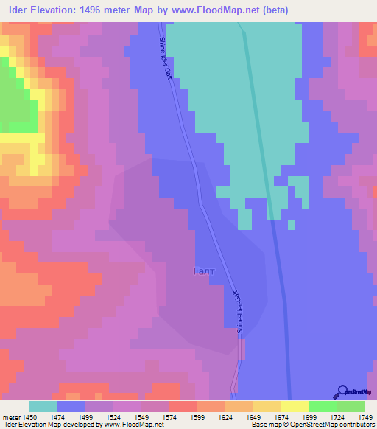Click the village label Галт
coord(204,271)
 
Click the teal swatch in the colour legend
coord(43,406)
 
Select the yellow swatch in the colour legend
coord(295,406)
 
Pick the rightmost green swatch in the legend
coord(351,406)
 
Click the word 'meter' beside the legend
coord(12,417)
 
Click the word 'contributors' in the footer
coord(355,425)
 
